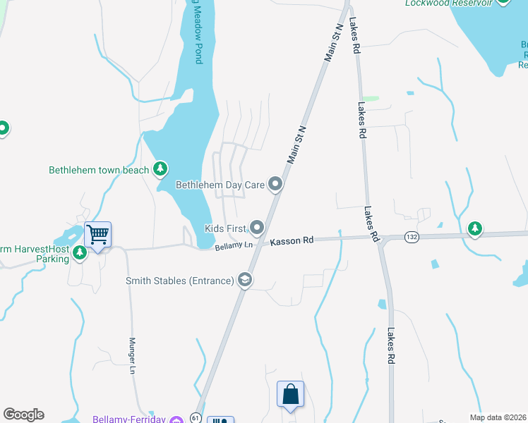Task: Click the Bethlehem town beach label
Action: tap(99, 170)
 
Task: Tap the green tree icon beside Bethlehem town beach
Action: tap(161, 168)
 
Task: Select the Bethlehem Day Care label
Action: tap(220, 185)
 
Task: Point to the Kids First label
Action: tap(224, 228)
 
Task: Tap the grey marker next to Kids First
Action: tap(257, 227)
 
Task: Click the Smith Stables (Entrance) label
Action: tap(179, 281)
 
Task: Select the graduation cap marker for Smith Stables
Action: tap(245, 281)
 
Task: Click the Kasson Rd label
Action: tap(292, 241)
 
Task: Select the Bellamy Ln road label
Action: tap(234, 245)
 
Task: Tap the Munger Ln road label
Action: tap(132, 351)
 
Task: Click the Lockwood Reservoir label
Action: tap(448, 3)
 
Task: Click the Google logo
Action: tap(23, 415)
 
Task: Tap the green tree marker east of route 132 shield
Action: tap(475, 228)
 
